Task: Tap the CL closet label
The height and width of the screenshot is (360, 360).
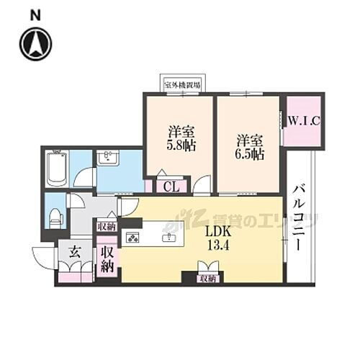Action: pyautogui.click(x=171, y=186)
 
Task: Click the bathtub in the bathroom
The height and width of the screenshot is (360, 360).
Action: pyautogui.click(x=56, y=171)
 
